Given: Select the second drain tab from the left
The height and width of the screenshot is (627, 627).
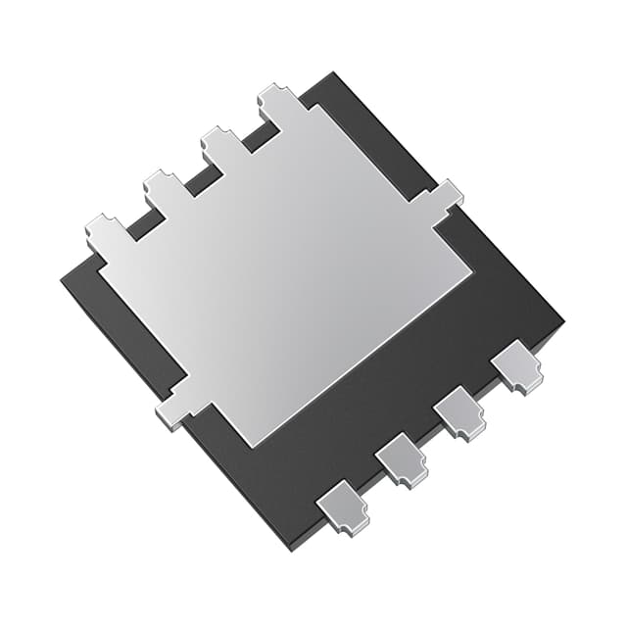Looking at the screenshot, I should click(x=165, y=188).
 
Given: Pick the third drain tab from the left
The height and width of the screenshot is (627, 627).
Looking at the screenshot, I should click(x=221, y=144).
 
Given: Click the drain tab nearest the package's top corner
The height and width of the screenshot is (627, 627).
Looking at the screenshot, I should click(x=279, y=102).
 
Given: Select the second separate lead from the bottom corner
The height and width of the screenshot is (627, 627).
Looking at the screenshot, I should click(x=402, y=458).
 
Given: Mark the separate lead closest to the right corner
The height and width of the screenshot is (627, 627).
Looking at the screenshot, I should click(x=517, y=365).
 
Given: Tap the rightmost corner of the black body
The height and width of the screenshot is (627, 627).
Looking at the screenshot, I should click(x=563, y=323).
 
